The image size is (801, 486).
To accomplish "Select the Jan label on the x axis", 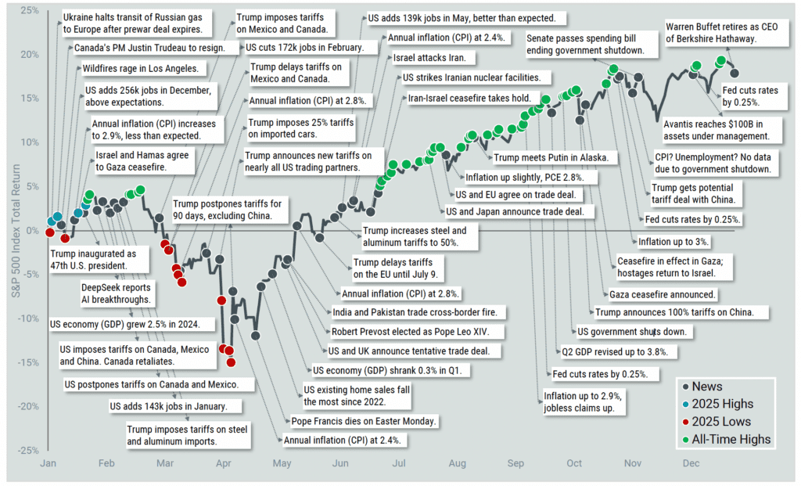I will (48, 463).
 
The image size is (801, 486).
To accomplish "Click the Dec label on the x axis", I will (691, 463).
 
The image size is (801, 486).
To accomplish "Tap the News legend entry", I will (707, 387).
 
